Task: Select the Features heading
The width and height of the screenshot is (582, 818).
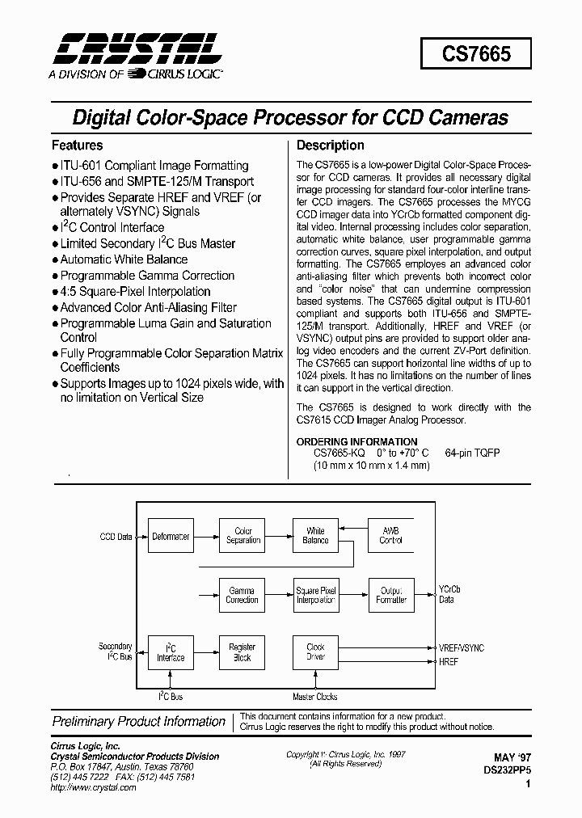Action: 78,145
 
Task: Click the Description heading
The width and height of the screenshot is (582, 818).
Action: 330,145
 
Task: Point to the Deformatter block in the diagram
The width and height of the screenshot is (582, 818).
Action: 171,536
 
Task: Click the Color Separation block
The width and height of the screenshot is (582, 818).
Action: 242,536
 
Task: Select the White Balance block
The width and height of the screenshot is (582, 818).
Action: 314,536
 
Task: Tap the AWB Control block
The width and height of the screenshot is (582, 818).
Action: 390,536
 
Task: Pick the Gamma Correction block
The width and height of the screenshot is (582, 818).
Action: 242,595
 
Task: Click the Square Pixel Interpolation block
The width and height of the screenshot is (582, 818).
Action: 314,595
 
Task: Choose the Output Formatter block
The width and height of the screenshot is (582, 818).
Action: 390,595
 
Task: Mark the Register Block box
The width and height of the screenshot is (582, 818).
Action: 242,651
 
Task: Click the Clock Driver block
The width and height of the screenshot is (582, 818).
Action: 314,651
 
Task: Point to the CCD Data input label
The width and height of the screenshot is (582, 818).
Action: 116,536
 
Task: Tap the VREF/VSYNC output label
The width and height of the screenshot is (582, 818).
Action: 461,647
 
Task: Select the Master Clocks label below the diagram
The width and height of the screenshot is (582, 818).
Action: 314,697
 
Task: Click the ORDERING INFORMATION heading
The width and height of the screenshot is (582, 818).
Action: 357,441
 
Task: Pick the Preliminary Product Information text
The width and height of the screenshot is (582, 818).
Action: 139,722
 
